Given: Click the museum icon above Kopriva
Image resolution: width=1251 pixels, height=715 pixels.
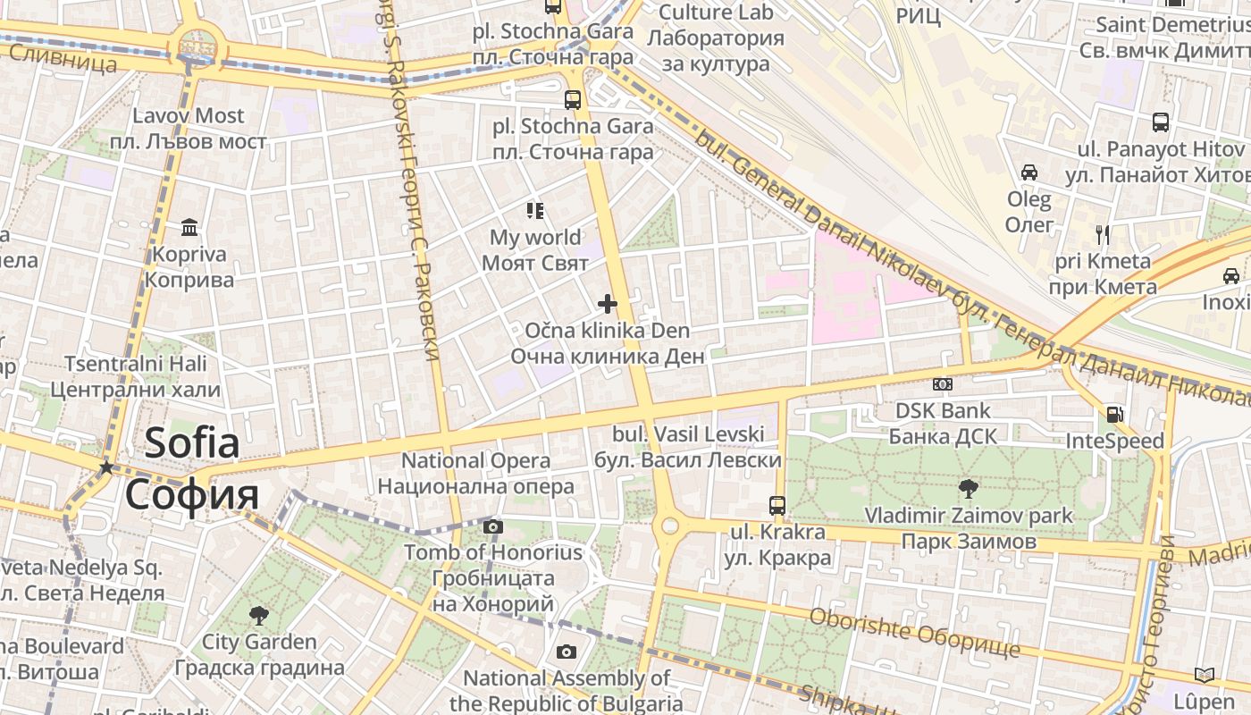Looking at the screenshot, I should (189, 228).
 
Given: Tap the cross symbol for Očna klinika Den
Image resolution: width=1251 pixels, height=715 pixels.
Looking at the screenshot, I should (608, 304).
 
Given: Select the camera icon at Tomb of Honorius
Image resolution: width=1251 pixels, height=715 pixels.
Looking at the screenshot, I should (493, 526).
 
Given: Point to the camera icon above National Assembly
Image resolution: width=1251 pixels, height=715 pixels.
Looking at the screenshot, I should (566, 652).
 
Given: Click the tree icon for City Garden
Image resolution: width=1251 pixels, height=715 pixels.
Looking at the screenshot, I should (259, 615).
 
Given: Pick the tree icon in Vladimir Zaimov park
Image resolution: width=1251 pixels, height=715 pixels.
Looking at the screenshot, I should (968, 488).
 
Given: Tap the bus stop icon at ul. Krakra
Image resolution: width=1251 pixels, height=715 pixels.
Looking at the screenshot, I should (777, 505).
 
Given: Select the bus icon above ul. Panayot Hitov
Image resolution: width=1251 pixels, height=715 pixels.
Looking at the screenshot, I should (1161, 122).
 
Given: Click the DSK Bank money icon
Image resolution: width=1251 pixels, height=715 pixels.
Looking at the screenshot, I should (943, 384).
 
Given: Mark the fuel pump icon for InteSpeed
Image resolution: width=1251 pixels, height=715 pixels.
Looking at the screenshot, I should (1114, 414).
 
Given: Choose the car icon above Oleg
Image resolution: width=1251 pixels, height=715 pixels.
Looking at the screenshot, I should (1029, 172).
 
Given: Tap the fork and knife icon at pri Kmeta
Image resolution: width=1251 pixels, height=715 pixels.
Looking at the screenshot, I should (1103, 235).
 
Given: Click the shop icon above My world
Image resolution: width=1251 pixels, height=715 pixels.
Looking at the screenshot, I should (535, 211).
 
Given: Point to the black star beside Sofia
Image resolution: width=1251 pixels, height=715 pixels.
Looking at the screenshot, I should (106, 467).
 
